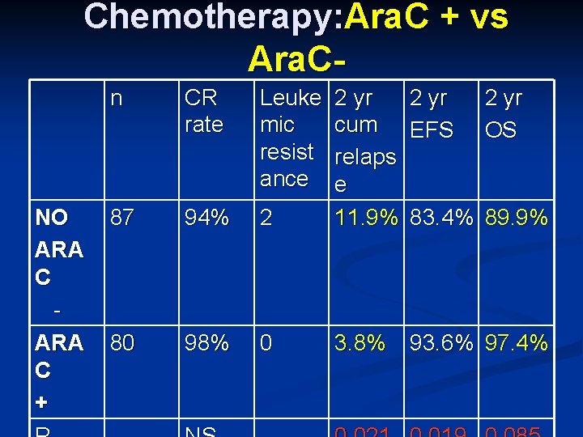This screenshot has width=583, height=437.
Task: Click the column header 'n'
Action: click(x=117, y=99)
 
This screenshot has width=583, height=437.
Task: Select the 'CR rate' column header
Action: click(x=203, y=112)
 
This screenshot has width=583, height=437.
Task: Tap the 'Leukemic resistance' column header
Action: click(x=289, y=138)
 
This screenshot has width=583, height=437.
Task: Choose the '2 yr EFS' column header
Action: click(x=432, y=113)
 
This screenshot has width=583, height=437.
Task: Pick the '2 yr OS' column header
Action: click(x=503, y=113)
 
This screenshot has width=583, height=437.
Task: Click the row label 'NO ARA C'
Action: click(x=58, y=248)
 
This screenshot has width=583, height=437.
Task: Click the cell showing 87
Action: click(x=122, y=218)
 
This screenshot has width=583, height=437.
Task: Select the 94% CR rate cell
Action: click(x=206, y=218)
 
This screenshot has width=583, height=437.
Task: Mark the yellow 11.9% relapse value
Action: click(x=366, y=218)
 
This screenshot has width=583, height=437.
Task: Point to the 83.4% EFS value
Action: click(x=442, y=218)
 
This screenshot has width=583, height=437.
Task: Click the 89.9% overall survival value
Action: click(x=517, y=218)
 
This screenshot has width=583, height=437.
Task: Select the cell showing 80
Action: click(x=122, y=343)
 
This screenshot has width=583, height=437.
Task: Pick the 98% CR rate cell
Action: click(x=206, y=343)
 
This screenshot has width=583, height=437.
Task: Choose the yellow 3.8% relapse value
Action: click(x=360, y=343)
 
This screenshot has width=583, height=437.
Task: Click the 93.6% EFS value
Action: click(x=442, y=343)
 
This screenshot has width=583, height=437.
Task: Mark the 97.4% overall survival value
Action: click(x=517, y=343)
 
